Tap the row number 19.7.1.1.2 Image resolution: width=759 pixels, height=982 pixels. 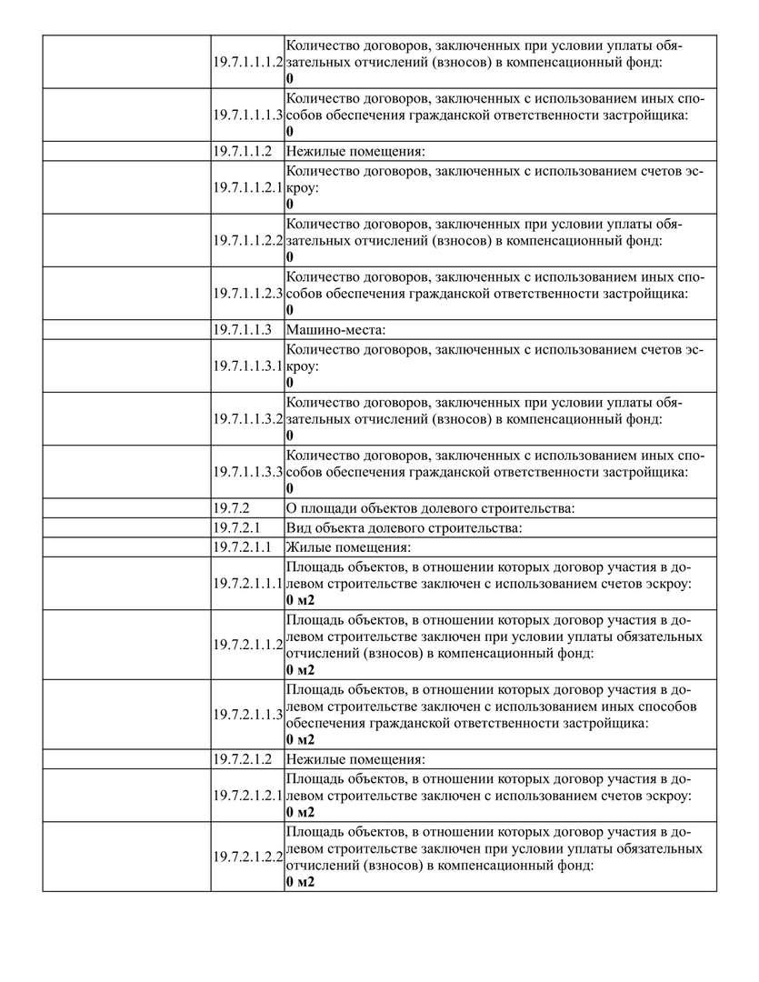(x=243, y=150)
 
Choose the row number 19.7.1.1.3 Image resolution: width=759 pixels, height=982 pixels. (x=243, y=328)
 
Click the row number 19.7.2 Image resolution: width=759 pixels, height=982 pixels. (x=232, y=507)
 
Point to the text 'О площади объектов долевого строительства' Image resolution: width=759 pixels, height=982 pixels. (x=431, y=507)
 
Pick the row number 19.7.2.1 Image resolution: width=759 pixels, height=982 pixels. (x=237, y=527)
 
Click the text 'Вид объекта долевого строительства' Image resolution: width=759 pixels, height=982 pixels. (x=404, y=527)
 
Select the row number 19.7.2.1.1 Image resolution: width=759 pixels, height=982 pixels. (x=243, y=546)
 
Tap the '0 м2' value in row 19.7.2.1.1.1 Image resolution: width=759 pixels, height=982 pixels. (x=300, y=600)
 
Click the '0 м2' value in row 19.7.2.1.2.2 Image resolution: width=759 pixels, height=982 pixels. (x=300, y=883)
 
